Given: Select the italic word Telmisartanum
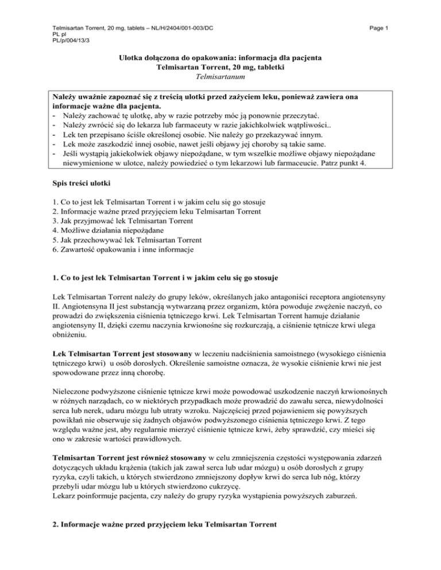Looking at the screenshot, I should [220, 75].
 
